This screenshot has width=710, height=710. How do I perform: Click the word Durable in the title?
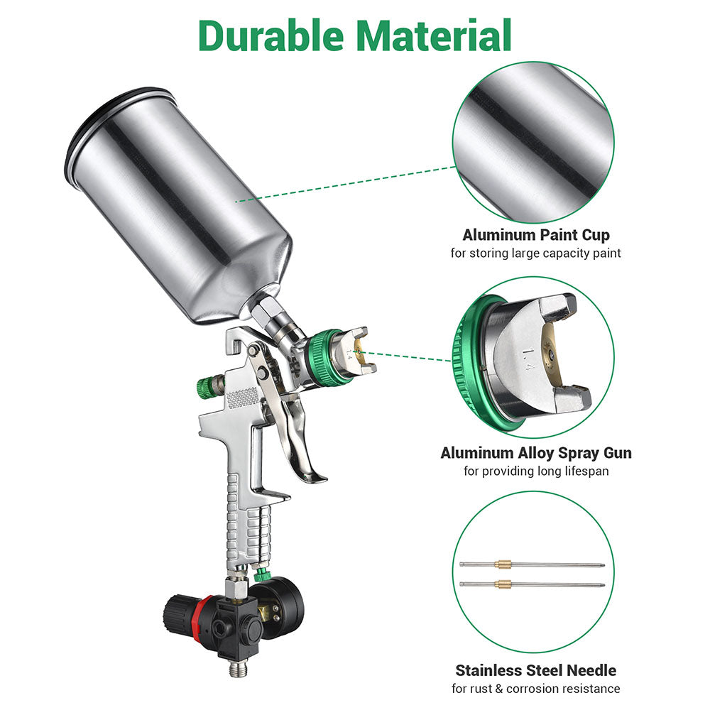(271, 35)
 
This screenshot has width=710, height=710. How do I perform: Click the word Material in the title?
(434, 35)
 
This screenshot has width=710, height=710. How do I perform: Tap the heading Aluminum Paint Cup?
(535, 234)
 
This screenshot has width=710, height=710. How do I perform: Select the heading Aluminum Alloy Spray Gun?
(535, 453)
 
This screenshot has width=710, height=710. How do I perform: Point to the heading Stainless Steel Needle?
(535, 670)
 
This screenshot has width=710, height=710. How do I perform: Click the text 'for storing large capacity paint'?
(535, 253)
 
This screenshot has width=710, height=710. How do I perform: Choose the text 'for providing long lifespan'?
(535, 471)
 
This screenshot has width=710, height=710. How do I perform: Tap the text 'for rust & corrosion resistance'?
(535, 689)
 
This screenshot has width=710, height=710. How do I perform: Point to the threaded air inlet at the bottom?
(236, 668)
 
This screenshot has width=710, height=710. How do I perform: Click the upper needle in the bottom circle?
(532, 564)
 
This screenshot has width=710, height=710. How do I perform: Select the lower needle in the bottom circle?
(532, 584)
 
